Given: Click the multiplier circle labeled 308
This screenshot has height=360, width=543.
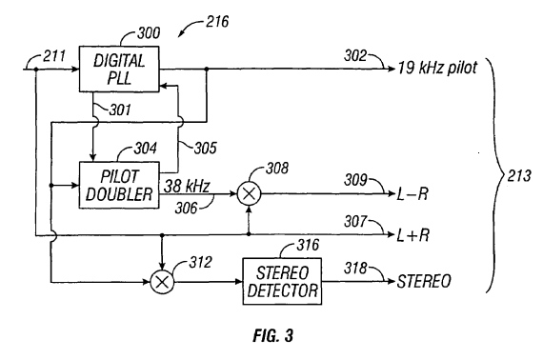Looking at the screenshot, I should click(249, 193).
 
